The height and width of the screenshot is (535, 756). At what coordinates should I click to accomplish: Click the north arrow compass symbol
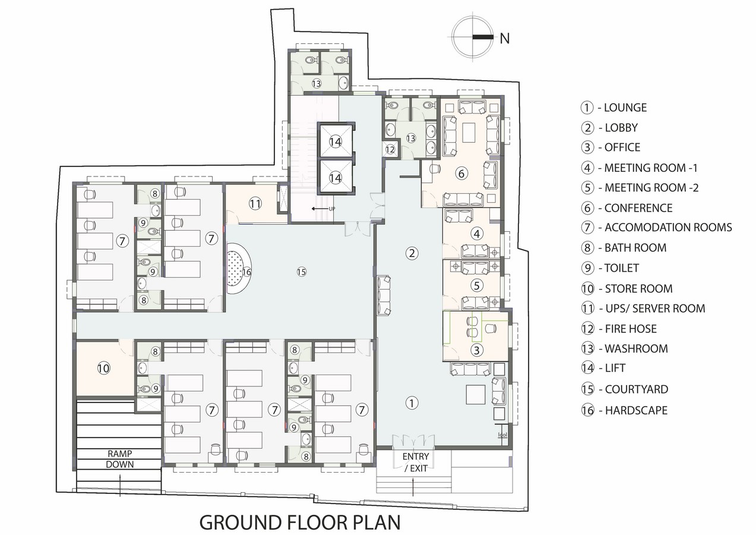[473, 37]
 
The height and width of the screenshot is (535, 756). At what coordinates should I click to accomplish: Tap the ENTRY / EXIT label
[416, 462]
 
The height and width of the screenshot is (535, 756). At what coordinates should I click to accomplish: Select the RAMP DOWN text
[120, 459]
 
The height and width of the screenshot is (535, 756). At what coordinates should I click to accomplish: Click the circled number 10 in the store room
[103, 368]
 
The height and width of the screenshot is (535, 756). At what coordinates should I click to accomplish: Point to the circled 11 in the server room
[255, 204]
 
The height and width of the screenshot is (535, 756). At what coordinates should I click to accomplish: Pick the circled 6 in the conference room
[461, 173]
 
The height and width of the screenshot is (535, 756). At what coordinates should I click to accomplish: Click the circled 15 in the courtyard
[301, 272]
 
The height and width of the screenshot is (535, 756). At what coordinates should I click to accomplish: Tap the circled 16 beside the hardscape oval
[246, 272]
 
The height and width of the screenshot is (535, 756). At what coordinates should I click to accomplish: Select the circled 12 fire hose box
[390, 149]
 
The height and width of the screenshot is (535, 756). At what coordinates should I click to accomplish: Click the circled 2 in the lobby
[412, 253]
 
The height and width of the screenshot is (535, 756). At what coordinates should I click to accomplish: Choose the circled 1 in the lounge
[412, 402]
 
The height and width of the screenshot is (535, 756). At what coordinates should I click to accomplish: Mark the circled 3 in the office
[476, 350]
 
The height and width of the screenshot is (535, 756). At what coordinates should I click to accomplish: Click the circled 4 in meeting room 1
[477, 234]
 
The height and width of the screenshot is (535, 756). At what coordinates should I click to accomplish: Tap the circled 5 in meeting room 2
[476, 285]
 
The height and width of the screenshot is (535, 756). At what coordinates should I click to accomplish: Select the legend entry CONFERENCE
[638, 208]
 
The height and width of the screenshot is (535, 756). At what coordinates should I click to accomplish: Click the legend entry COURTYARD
[637, 389]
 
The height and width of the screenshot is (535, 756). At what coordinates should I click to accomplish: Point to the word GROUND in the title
[241, 522]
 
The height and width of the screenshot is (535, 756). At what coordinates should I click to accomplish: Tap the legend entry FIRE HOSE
[631, 329]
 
